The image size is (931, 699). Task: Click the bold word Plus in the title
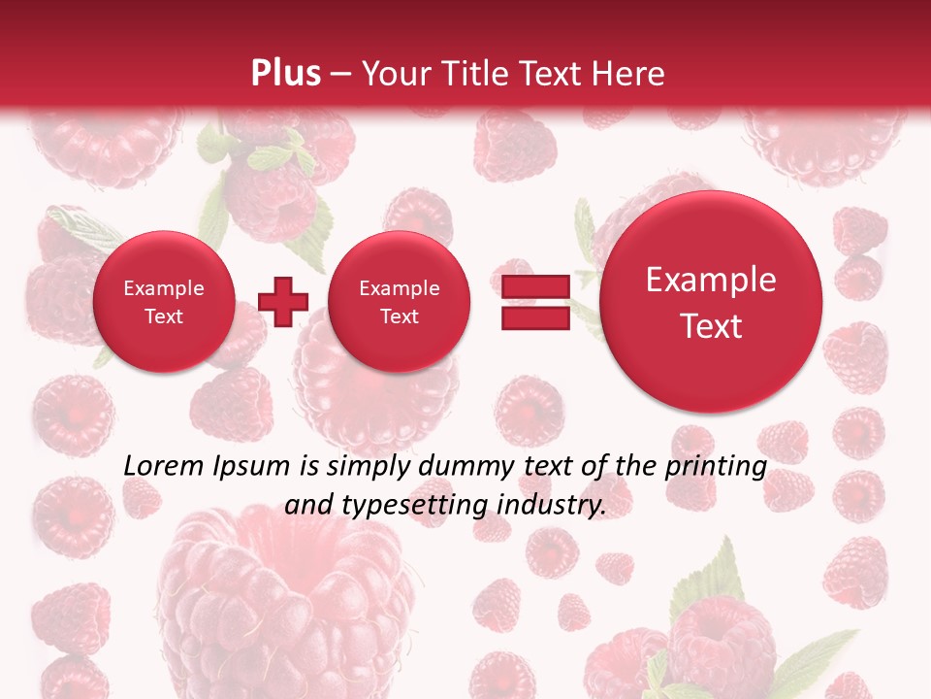tap(285, 74)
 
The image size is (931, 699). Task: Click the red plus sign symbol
tap(283, 301)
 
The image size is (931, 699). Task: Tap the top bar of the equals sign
tap(535, 286)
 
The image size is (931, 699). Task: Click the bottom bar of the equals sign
tap(535, 317)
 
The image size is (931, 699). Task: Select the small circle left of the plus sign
tap(163, 301)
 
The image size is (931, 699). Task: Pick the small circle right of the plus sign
tap(399, 301)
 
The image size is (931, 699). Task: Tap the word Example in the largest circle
tap(711, 280)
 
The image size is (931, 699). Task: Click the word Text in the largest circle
tap(711, 326)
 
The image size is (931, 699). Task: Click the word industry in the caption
tap(557, 506)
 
